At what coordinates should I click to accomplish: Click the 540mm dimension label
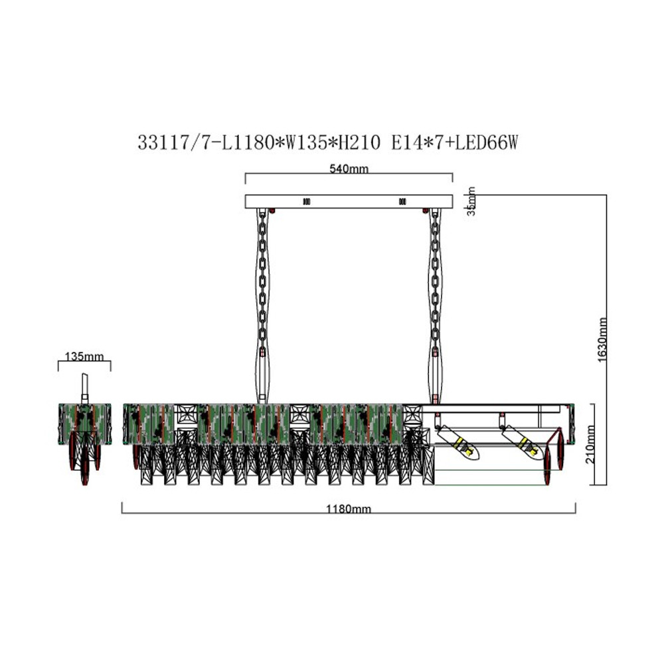click(x=349, y=169)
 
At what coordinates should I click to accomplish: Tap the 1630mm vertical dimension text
click(x=602, y=340)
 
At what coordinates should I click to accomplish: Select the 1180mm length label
click(x=348, y=509)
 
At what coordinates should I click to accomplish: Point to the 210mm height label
click(x=590, y=445)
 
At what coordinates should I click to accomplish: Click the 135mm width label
click(x=84, y=357)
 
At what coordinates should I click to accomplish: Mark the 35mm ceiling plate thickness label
click(x=471, y=201)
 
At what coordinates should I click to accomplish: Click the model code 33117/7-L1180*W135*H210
click(x=259, y=142)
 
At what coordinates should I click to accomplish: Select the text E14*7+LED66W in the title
click(x=455, y=142)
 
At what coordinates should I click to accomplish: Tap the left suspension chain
click(x=262, y=305)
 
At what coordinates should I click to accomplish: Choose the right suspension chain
click(x=435, y=305)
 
